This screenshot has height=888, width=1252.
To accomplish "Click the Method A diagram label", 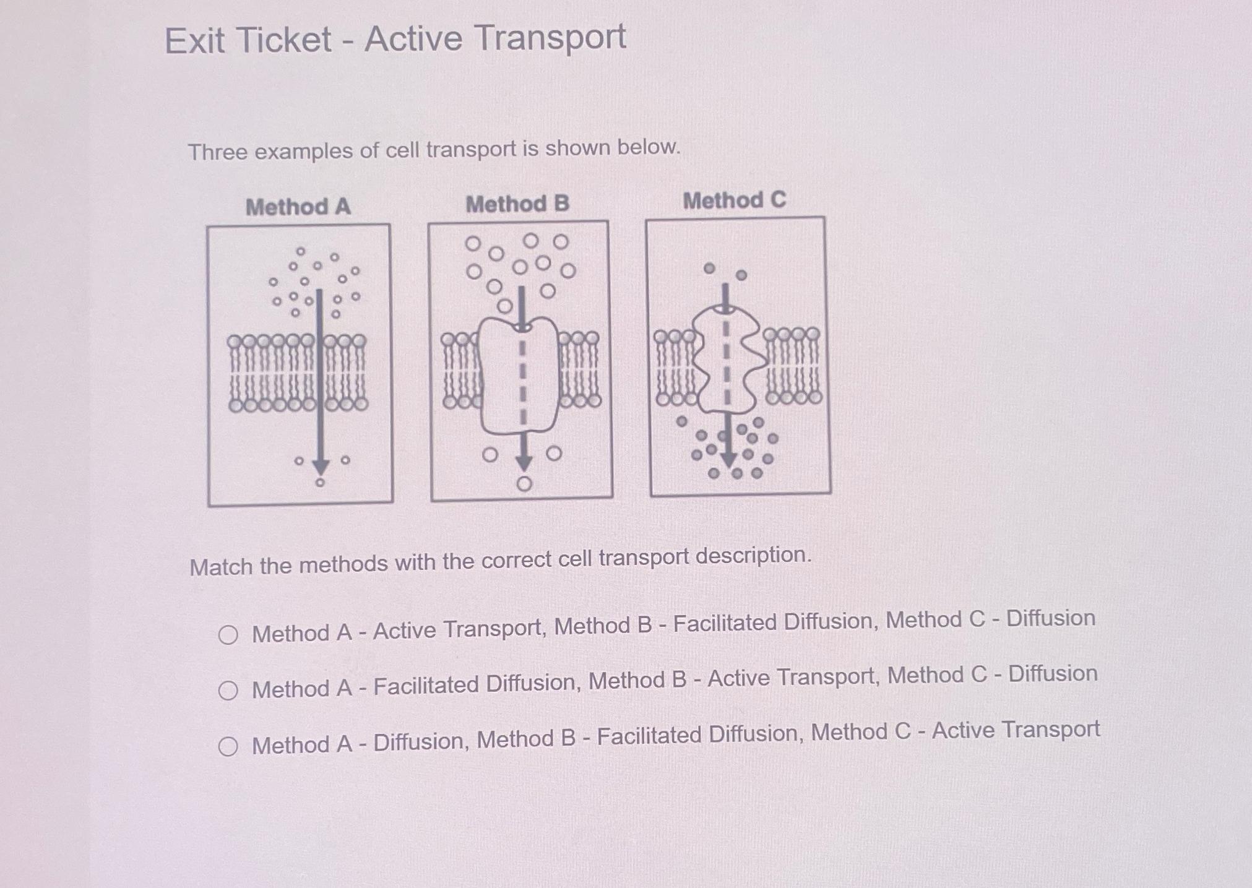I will pos(298,207).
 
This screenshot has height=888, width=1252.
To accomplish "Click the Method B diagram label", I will pos(517,204).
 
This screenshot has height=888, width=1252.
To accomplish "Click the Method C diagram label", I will pos(734,200).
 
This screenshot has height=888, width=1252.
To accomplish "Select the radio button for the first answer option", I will pos(228,635).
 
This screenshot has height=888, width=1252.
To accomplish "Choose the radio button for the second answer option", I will pos(228,691).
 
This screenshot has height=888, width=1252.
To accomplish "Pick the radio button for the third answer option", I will pos(228,746).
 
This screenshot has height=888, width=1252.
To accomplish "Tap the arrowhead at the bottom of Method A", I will pos(320,467).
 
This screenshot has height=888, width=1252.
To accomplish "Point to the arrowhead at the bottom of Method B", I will pos(524,461).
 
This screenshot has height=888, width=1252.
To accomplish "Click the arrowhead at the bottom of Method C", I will pos(728,459).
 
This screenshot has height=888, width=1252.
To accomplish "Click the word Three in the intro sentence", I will pos(217,152).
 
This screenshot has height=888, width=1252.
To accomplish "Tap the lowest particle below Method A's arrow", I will pos(320,483).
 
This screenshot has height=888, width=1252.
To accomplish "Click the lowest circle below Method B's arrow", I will pos(524,484).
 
